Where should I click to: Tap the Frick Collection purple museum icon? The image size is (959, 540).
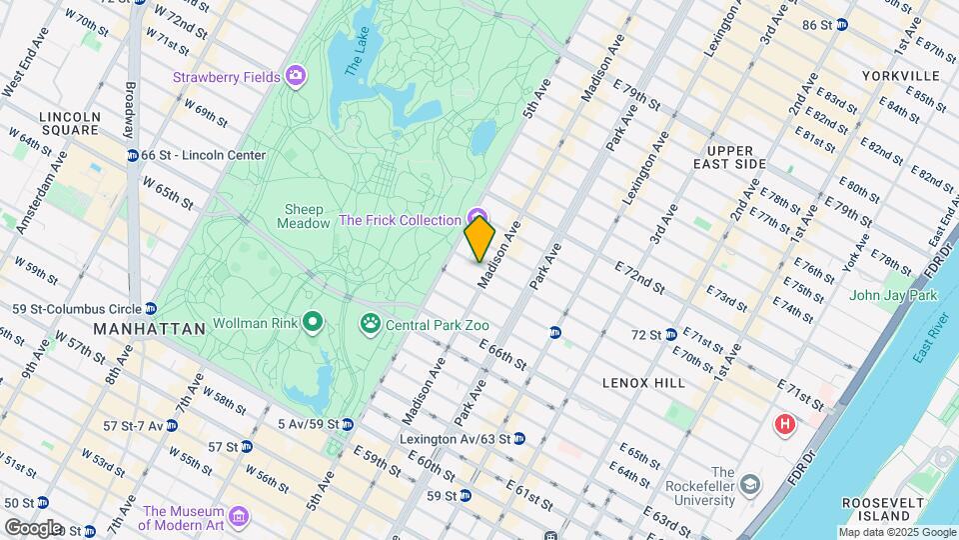[477, 219]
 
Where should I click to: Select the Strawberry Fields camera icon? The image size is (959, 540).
[295, 76]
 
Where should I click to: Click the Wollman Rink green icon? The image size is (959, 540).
[313, 322]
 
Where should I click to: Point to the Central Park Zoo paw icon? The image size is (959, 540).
[370, 324]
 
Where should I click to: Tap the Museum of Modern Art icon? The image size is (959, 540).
[238, 516]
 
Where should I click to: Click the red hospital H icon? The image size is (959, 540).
[785, 425]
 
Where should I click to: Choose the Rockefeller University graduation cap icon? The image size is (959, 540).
[749, 485]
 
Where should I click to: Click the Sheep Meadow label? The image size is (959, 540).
[307, 217]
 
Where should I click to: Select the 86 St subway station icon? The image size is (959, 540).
[842, 24]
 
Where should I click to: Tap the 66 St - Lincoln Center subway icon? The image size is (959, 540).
[132, 155]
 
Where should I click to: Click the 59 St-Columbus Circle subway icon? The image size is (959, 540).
[150, 308]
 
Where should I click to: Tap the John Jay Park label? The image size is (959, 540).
[893, 295]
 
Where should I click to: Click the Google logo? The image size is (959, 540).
[33, 527]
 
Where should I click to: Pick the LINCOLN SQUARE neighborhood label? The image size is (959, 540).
[70, 123]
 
